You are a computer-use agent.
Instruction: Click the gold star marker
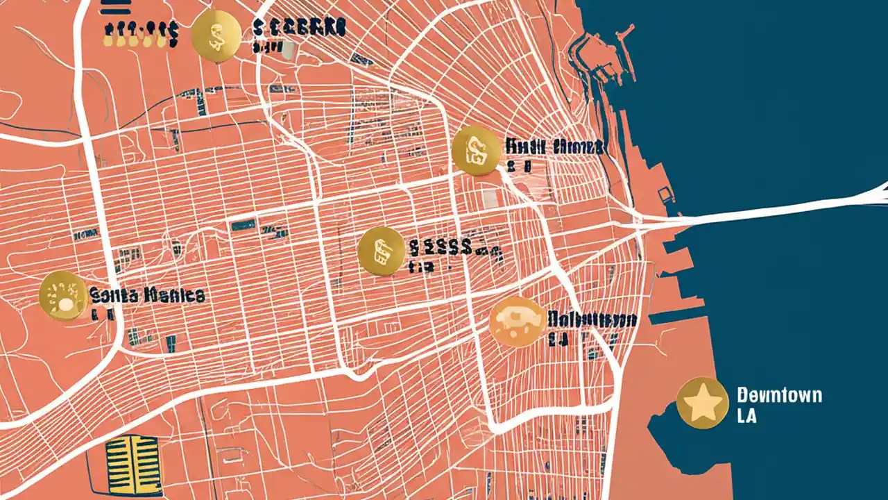click(702, 403)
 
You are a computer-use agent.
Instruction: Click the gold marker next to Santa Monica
click(63, 297)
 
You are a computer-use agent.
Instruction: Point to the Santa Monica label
click(147, 295)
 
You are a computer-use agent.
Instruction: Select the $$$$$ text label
click(441, 247)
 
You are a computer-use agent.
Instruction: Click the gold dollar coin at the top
click(216, 35)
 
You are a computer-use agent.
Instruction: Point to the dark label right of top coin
click(298, 28)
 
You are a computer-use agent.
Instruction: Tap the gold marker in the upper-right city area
click(477, 151)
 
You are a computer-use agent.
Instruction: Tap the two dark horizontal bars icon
click(115, 8)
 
